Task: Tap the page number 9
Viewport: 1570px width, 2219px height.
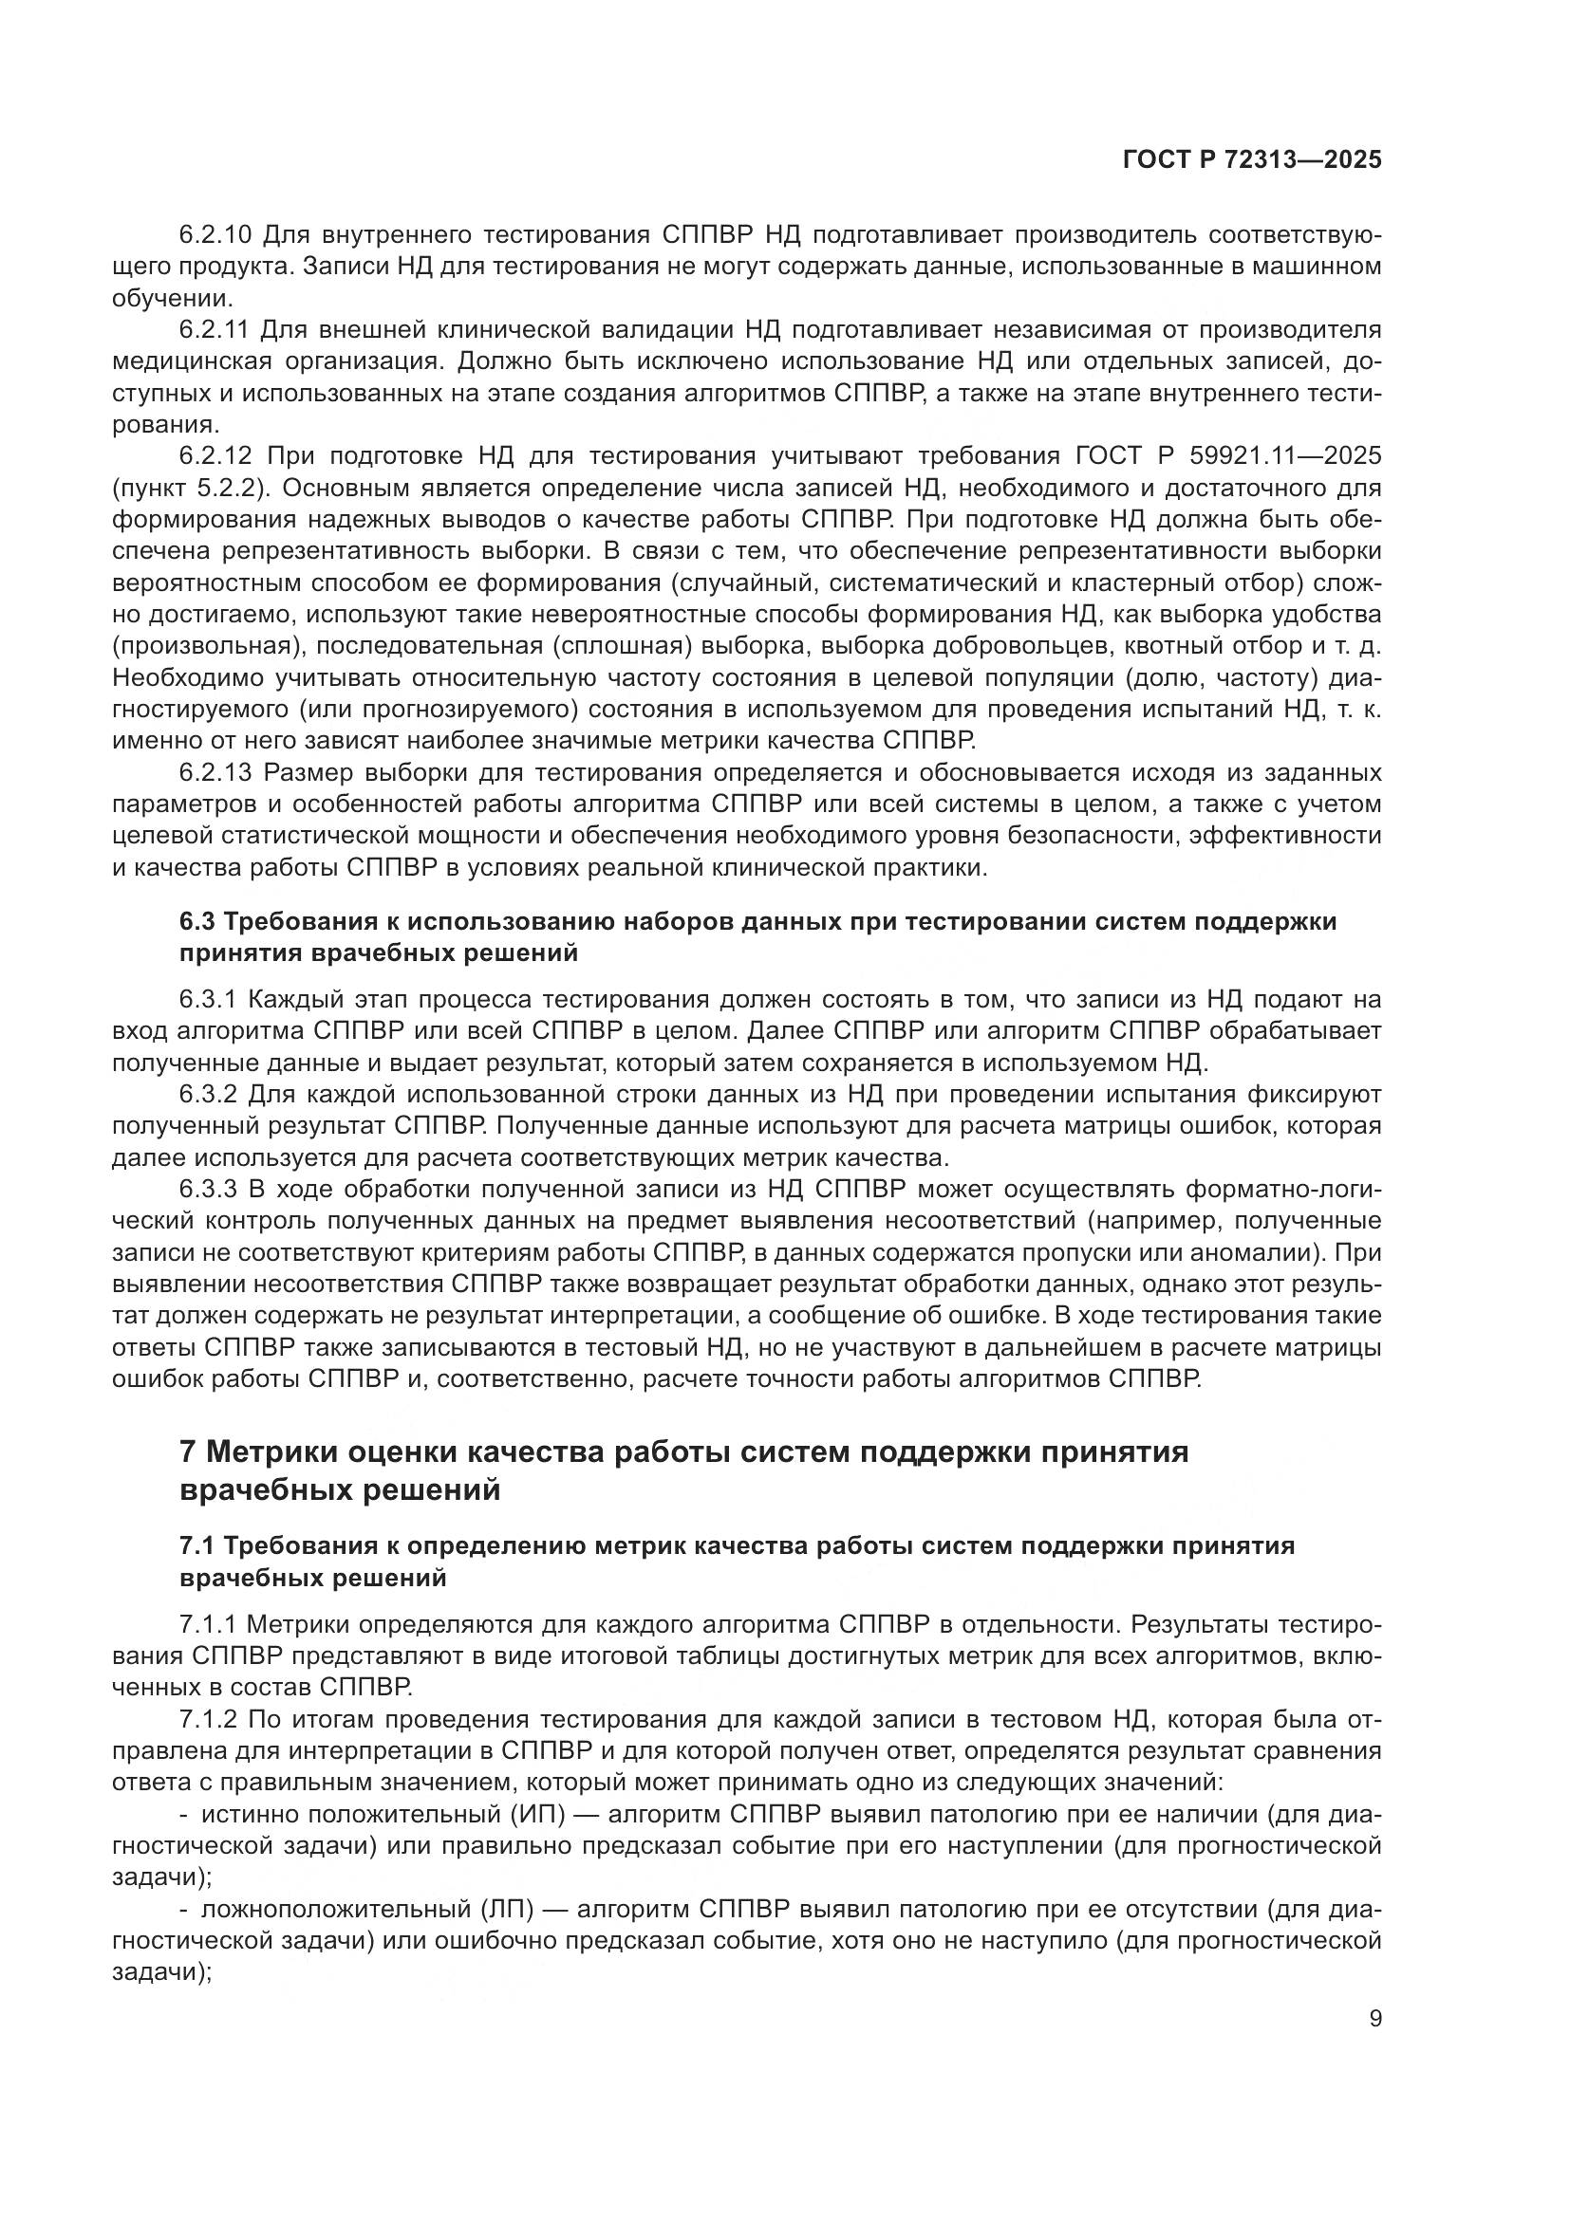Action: [1375, 2019]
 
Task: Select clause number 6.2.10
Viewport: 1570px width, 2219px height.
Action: [215, 235]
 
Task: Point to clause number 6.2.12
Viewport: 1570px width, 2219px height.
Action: [215, 456]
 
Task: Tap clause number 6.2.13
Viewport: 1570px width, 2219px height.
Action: [215, 773]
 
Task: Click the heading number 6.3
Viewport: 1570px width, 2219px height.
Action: [198, 922]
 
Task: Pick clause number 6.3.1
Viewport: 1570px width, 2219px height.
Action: [208, 999]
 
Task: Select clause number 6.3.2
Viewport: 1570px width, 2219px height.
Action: [208, 1095]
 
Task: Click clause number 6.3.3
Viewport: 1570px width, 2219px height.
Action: [208, 1190]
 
